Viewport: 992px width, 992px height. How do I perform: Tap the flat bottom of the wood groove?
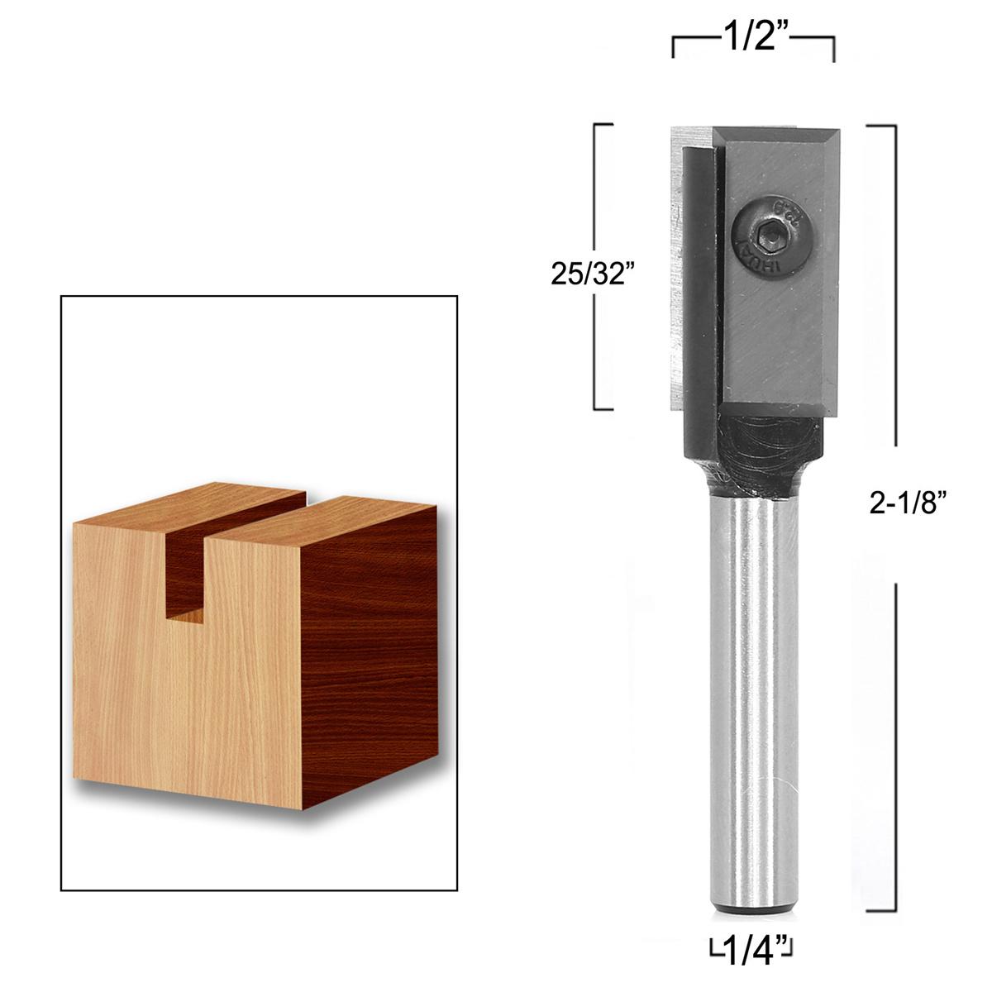pyautogui.click(x=185, y=613)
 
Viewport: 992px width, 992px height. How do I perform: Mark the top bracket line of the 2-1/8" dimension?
pyautogui.click(x=881, y=126)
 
